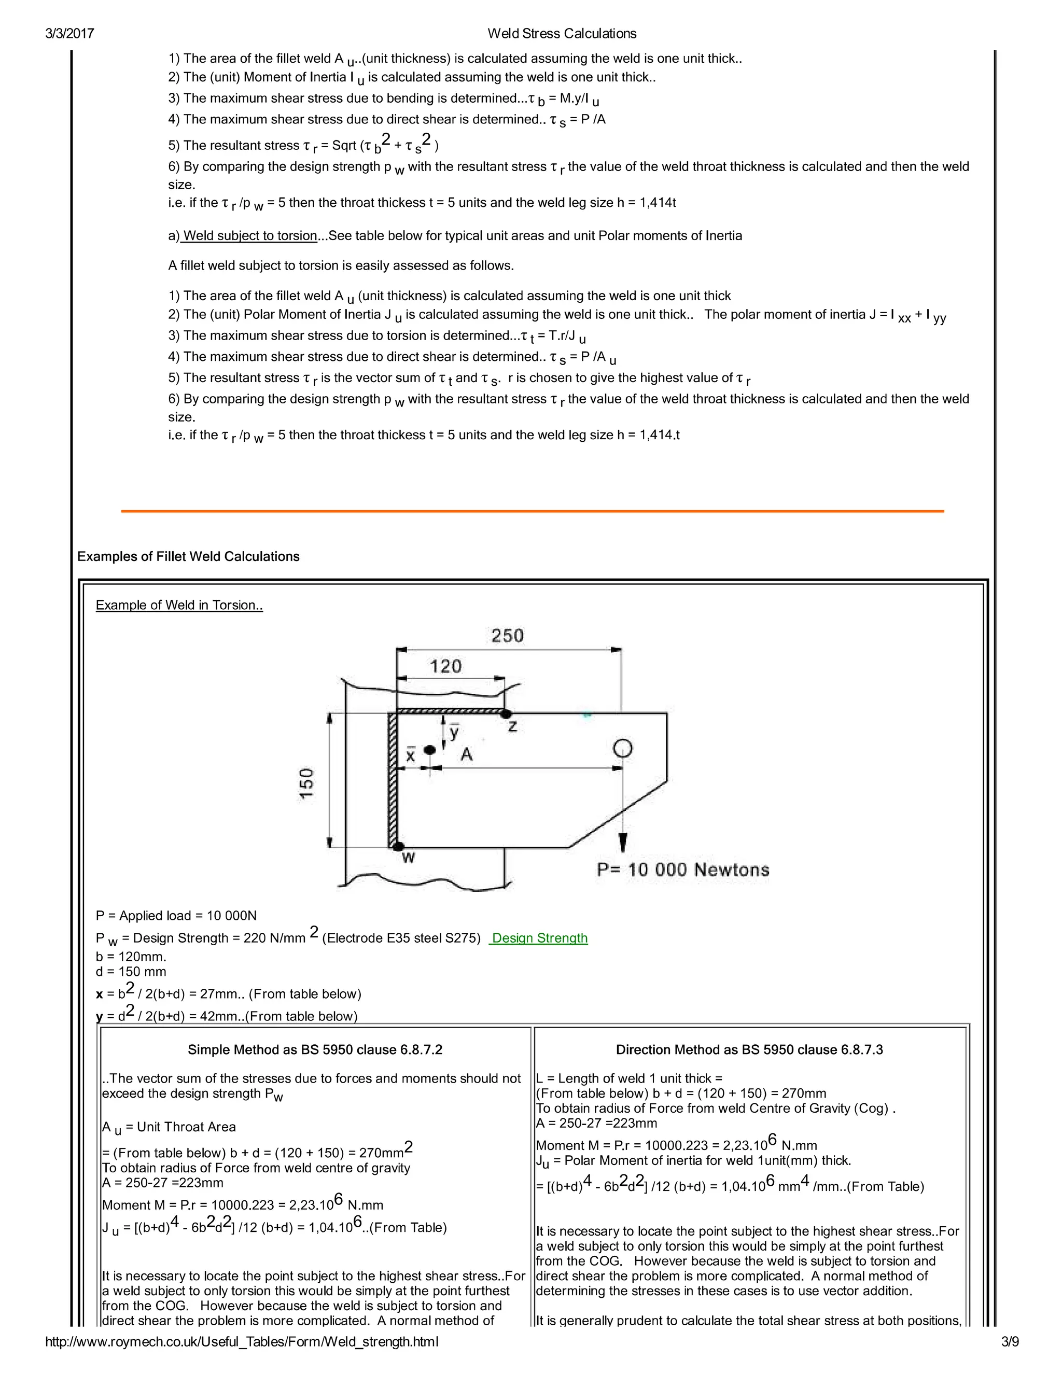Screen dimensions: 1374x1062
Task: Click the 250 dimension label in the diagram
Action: click(507, 636)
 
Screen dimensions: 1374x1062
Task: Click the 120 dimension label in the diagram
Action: click(445, 666)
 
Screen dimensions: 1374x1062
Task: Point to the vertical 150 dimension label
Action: click(306, 783)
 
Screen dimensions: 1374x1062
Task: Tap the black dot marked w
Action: click(398, 847)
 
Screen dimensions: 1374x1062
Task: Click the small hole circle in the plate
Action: click(622, 748)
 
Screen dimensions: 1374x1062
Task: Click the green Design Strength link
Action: click(539, 938)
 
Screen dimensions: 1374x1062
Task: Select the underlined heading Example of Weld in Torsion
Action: click(179, 605)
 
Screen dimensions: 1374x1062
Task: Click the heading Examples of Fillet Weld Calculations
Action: click(188, 556)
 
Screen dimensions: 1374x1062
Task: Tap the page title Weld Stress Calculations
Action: click(562, 33)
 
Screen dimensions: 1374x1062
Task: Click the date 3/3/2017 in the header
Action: click(69, 33)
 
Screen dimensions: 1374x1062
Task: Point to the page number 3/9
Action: click(1010, 1341)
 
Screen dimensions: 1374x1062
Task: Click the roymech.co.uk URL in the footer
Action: click(242, 1341)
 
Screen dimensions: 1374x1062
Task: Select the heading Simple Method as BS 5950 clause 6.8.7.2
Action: click(315, 1049)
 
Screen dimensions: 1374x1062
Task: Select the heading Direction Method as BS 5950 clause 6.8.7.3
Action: click(749, 1049)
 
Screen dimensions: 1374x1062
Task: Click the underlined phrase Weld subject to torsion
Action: click(250, 236)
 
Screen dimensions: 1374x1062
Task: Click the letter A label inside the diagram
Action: click(466, 754)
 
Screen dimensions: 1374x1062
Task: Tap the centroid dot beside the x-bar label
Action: click(430, 750)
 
